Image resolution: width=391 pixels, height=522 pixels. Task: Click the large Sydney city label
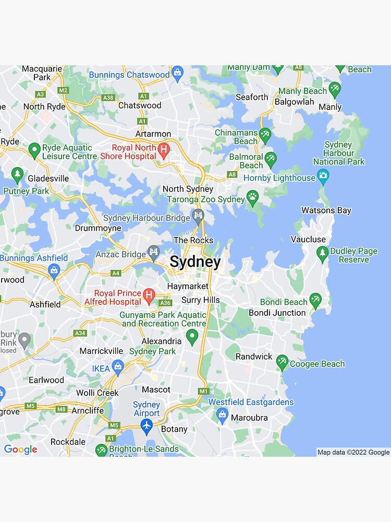click(195, 262)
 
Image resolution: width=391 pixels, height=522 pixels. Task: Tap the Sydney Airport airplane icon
click(146, 425)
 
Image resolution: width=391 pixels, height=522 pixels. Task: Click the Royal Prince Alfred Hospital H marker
click(149, 295)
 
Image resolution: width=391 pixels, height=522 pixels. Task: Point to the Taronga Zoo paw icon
click(252, 198)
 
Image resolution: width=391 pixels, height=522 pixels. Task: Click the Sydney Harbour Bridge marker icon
click(198, 216)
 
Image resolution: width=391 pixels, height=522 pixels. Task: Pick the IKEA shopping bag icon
click(118, 367)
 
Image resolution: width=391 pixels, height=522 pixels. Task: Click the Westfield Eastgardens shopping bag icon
click(223, 416)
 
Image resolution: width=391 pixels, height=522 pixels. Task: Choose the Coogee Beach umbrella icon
click(282, 361)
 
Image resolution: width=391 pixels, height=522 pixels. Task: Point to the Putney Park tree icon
click(18, 175)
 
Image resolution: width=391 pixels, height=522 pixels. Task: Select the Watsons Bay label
click(326, 210)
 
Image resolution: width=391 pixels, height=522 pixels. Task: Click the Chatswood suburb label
click(140, 105)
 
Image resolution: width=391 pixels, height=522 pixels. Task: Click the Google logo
click(20, 449)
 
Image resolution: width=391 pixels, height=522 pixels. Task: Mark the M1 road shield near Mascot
click(203, 391)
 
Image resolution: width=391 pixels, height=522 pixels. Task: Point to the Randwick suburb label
click(254, 356)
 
